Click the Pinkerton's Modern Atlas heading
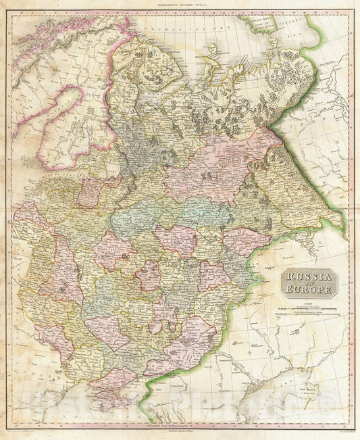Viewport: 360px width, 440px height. click(x=179, y=5)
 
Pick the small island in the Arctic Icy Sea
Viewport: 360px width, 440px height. click(x=211, y=48)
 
